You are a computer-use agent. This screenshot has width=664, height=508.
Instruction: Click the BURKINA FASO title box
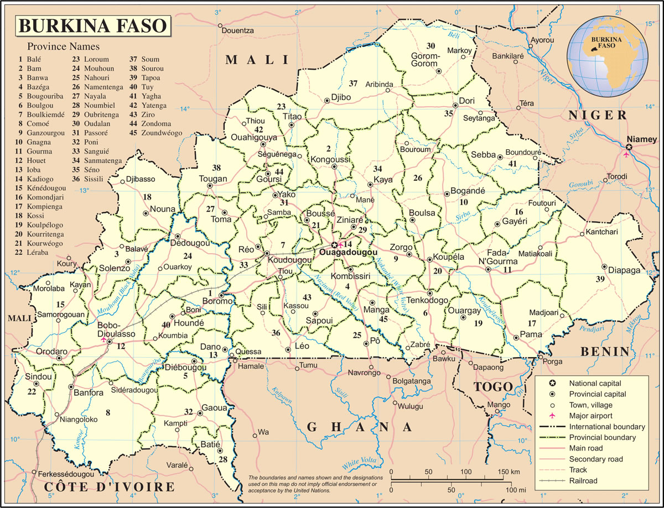click(x=92, y=25)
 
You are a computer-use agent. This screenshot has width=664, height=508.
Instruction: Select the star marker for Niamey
click(x=629, y=147)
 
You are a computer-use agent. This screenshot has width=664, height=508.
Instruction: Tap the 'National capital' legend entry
click(x=595, y=383)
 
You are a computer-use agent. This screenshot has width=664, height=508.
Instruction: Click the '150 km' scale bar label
click(x=507, y=472)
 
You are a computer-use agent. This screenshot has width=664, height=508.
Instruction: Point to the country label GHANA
click(x=360, y=427)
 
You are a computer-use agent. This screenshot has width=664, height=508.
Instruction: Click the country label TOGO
click(x=494, y=386)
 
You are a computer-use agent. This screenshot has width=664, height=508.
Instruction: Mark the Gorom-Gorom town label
click(x=425, y=60)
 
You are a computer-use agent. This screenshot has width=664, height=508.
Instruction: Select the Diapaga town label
click(x=624, y=270)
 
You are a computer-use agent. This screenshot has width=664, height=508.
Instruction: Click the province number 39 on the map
click(x=600, y=280)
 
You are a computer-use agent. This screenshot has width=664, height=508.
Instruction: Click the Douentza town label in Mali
click(x=237, y=30)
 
